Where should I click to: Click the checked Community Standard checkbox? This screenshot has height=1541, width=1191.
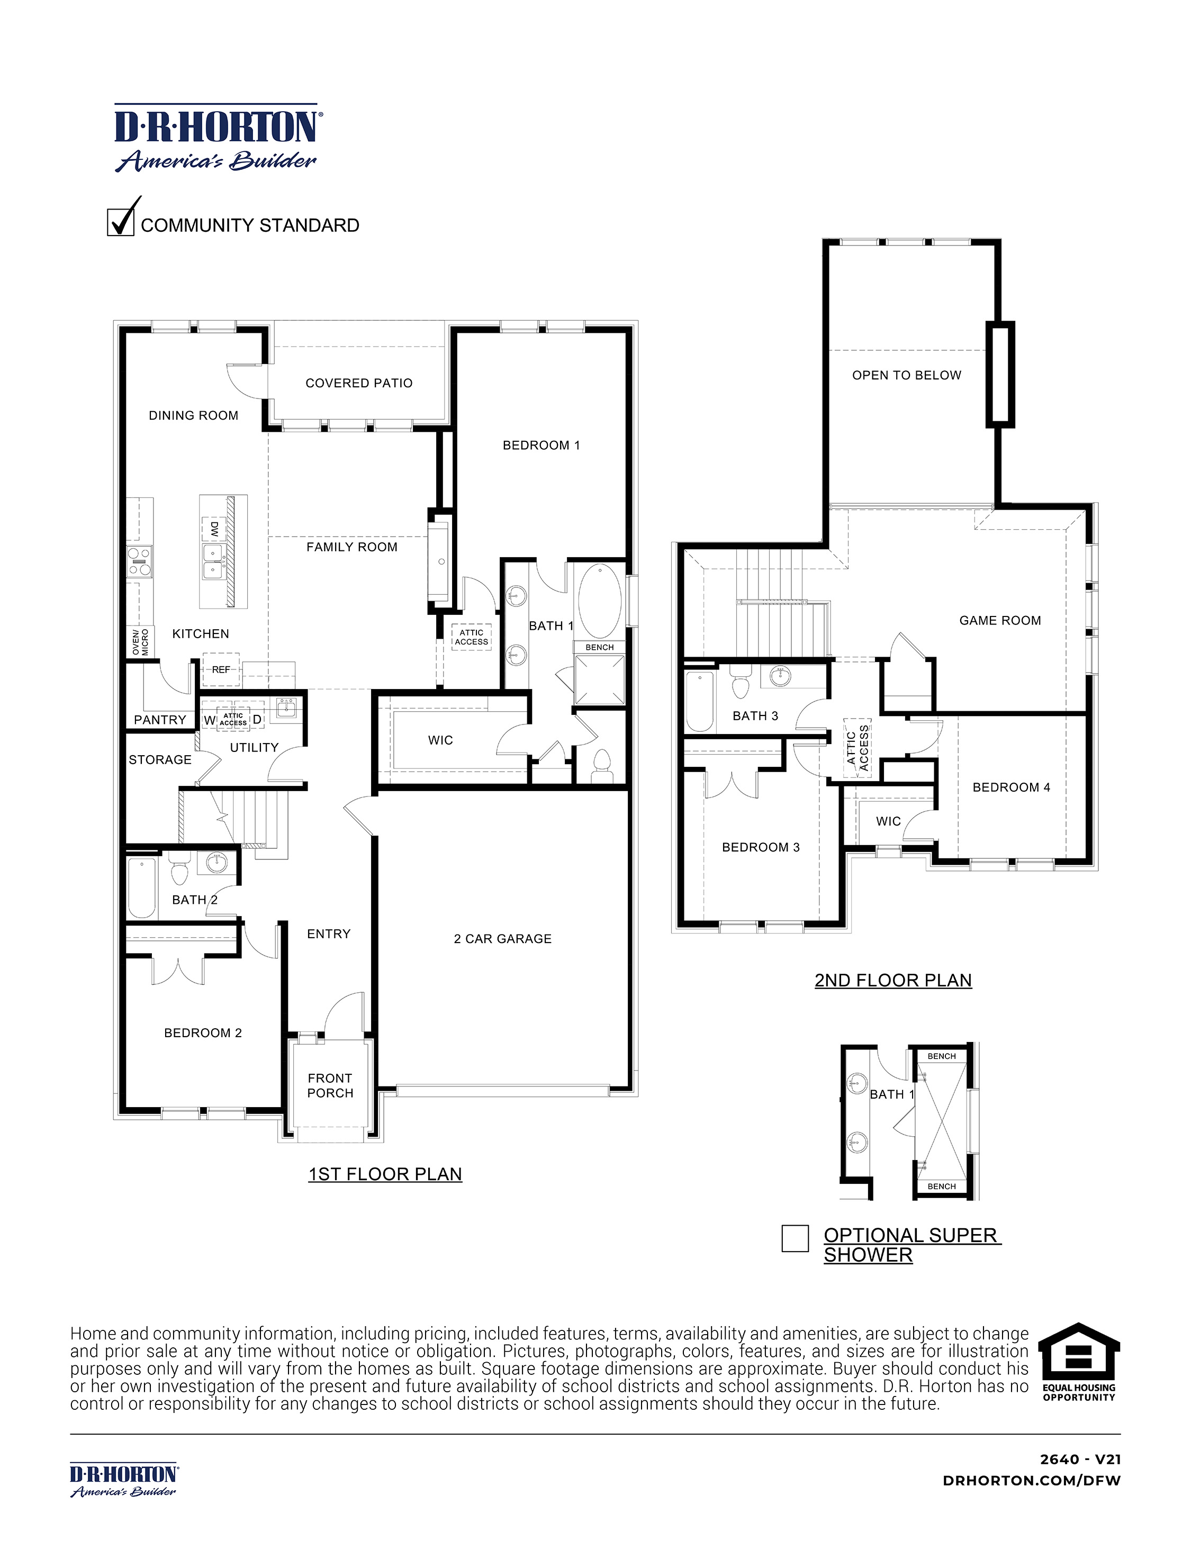pos(121,222)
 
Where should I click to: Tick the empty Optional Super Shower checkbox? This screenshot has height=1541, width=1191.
pos(795,1238)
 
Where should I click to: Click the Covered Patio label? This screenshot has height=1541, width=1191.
pos(358,383)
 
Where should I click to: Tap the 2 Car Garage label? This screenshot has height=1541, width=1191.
pos(502,938)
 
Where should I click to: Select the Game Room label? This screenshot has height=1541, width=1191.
pos(1000,620)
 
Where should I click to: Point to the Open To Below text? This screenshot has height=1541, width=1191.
pos(907,375)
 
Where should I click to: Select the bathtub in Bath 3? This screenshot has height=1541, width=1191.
pos(700,701)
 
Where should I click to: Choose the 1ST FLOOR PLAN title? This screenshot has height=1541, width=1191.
pos(385,1174)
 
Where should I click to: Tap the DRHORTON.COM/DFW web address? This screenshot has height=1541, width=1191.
pos(1032,1480)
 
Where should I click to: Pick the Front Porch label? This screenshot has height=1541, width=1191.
pos(330,1085)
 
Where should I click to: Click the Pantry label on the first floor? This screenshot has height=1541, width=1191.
pos(160,720)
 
